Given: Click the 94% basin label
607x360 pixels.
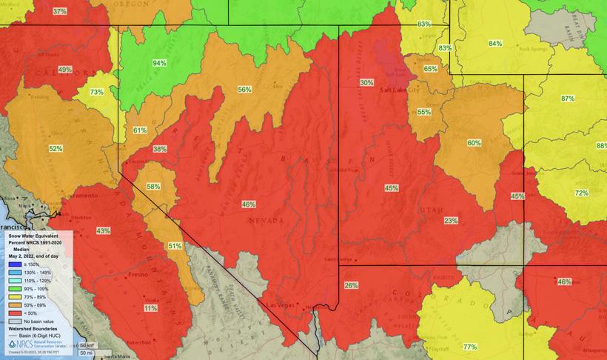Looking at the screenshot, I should tap(159, 63).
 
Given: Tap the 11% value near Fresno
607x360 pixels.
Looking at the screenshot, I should tap(151, 308).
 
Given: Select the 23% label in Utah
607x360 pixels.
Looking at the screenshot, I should tap(451, 221).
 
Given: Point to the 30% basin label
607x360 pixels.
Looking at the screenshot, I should tap(366, 82).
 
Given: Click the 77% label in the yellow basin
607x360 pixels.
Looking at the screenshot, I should tap(469, 347).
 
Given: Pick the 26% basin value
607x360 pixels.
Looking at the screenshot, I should tap(351, 285).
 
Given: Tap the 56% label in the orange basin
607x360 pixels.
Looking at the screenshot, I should tap(244, 90).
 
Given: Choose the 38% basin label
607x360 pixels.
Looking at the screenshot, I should tap(160, 149).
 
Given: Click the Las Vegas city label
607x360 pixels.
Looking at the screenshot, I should tap(281, 306).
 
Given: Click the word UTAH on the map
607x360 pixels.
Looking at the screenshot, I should tap(430, 210).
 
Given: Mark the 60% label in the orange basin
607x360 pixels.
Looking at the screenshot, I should tap(474, 142).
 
